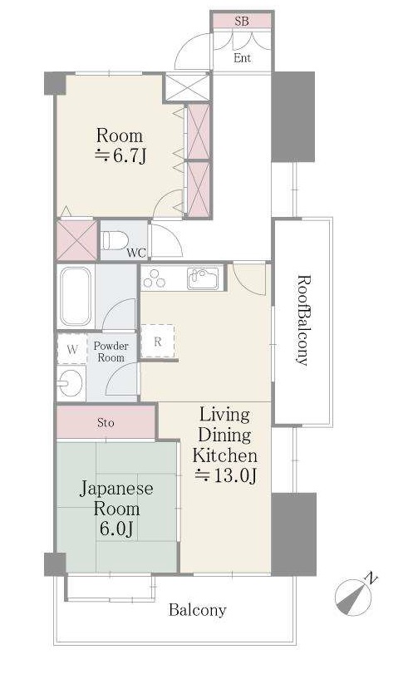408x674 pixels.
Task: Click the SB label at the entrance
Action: tap(242, 21)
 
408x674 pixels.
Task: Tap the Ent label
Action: tap(242, 57)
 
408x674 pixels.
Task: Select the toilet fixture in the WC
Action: tap(115, 240)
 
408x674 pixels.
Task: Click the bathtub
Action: tap(76, 296)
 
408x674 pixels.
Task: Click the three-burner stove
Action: tap(155, 278)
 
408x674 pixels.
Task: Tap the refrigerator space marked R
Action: tap(157, 341)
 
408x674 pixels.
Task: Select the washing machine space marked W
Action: tap(72, 349)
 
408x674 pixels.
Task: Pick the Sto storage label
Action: tap(106, 423)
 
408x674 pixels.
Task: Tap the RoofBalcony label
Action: tap(303, 320)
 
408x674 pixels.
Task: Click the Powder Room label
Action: tap(111, 352)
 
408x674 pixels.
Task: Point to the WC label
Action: tap(136, 253)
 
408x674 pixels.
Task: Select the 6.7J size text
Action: tap(120, 155)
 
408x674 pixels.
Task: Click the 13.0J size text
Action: tap(226, 475)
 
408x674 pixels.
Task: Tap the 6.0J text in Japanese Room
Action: tap(116, 529)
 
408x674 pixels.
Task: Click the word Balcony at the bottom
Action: tap(197, 609)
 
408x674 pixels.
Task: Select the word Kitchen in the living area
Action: tap(225, 455)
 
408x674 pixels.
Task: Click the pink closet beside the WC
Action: tap(76, 240)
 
